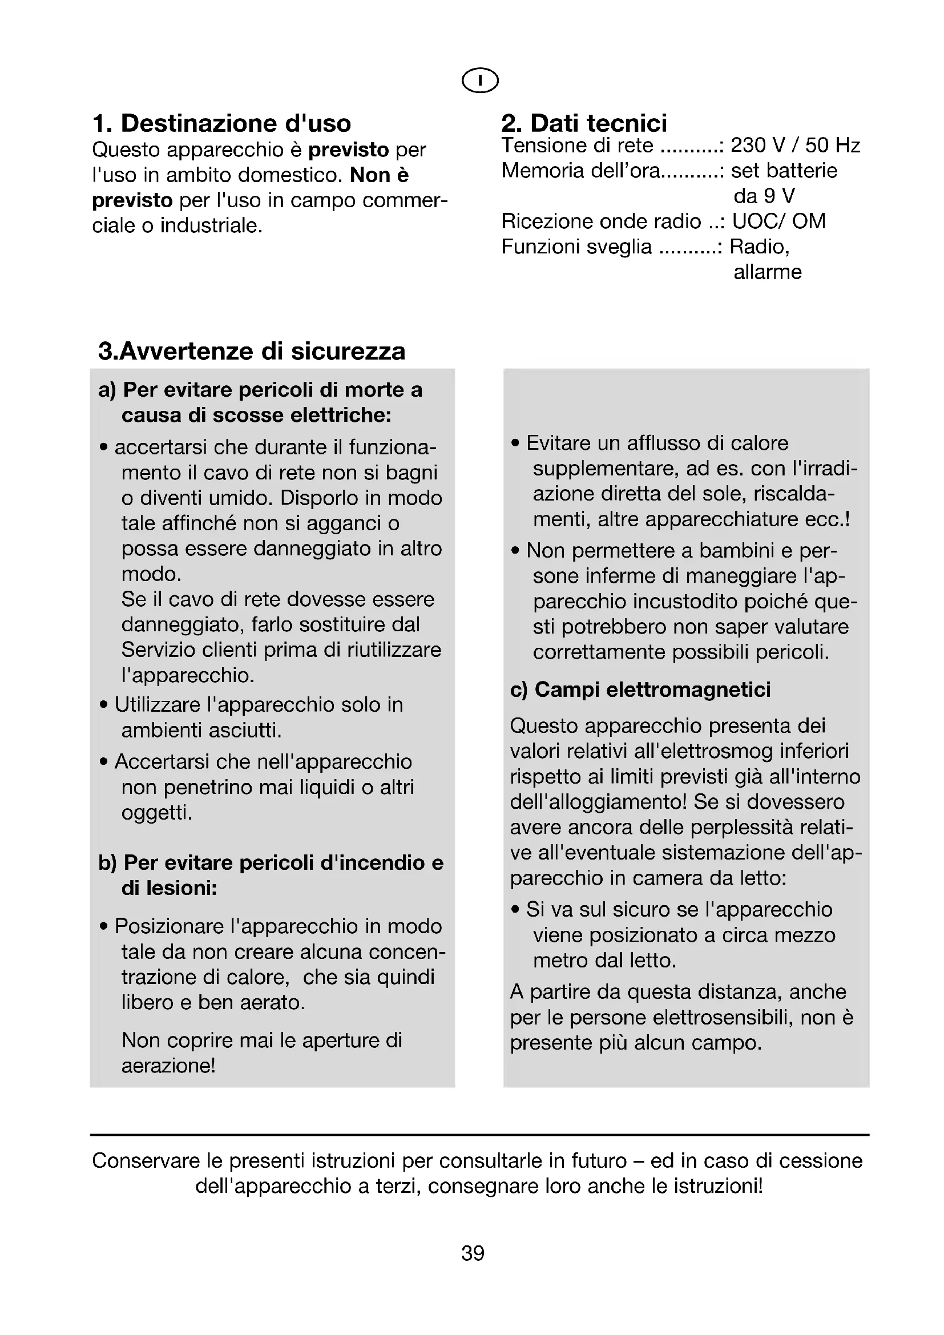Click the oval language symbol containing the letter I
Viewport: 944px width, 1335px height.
click(479, 80)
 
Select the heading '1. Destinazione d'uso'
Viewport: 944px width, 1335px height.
click(221, 123)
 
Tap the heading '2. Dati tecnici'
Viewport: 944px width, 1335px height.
click(584, 123)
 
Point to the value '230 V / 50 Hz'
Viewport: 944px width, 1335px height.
click(794, 146)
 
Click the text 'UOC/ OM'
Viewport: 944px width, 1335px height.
click(778, 221)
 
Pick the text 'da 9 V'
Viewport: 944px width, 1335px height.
click(763, 196)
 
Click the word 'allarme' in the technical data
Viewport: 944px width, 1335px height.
click(767, 272)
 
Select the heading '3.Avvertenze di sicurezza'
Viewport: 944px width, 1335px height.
click(251, 351)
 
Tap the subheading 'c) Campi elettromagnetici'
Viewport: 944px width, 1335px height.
click(640, 689)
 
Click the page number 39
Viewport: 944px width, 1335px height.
click(473, 1253)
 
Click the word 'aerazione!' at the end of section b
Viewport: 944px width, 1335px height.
click(168, 1066)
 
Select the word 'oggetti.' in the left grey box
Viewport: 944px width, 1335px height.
click(156, 812)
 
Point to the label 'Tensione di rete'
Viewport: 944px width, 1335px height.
click(576, 146)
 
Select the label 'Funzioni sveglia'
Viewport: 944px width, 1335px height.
click(576, 247)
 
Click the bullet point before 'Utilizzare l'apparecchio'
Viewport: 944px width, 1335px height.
click(103, 705)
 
